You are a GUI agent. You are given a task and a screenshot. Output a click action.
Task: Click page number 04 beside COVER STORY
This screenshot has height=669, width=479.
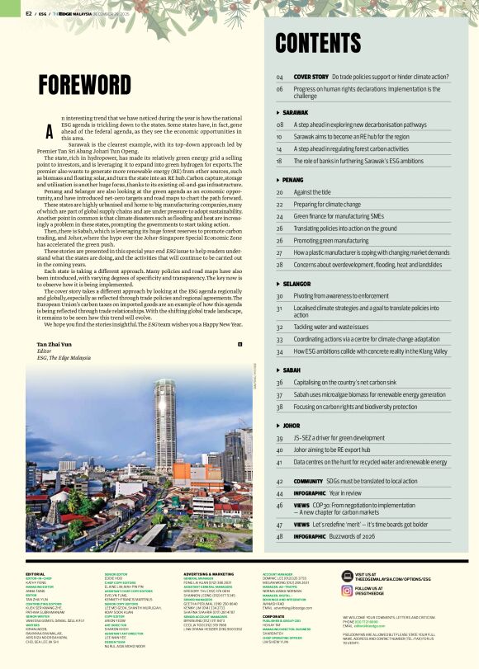coord(280,77)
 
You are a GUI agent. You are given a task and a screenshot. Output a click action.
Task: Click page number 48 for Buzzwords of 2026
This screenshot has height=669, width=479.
coord(280,537)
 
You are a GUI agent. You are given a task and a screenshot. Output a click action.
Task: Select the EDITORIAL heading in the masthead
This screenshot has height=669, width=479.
coord(36,573)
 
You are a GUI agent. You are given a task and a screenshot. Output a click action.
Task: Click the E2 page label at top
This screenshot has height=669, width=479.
coord(29,13)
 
